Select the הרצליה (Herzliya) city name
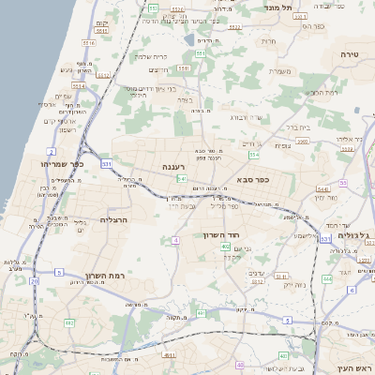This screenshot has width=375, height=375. [x=112, y=219]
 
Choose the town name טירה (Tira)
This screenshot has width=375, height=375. [x=348, y=55]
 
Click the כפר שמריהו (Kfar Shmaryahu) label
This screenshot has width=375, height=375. [x=63, y=163]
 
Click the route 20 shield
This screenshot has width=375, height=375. [x=35, y=280]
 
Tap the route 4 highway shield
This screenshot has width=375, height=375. [x=175, y=241]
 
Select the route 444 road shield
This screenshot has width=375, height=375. [x=326, y=279]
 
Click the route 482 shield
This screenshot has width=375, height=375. [x=69, y=322]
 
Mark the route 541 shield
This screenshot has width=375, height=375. [x=181, y=178]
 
